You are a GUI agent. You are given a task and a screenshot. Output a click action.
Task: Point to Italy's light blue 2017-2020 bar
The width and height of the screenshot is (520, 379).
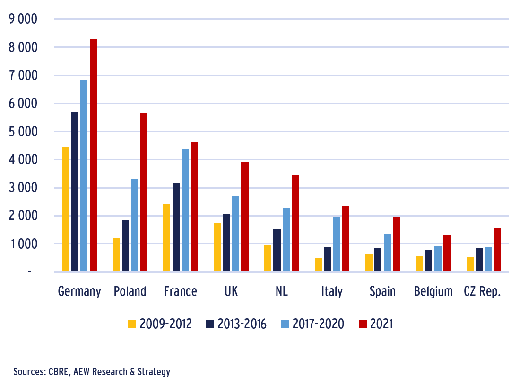coord(337,244)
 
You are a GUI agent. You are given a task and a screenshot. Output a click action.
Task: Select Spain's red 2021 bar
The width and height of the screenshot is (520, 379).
coord(396,244)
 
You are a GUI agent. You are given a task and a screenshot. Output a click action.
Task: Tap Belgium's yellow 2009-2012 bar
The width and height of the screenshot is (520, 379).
coord(419,264)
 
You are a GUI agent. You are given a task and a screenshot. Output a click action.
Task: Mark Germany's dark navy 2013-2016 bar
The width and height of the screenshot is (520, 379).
coord(75,191)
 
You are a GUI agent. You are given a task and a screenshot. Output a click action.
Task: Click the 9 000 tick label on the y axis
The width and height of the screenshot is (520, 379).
coord(23,19)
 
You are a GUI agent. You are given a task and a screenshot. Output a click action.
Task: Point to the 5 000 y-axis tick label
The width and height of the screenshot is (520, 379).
coord(23,132)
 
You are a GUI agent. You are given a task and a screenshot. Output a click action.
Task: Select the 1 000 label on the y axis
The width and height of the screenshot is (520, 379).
coord(23,244)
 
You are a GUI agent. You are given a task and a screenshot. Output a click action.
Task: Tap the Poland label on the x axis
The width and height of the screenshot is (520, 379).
coord(130,291)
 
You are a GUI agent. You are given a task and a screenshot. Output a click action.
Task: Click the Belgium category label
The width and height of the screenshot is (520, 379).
coord(433,291)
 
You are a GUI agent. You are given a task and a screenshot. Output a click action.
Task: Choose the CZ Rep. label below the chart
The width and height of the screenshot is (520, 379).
coord(483,291)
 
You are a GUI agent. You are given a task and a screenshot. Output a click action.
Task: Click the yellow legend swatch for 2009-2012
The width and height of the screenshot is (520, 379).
coord(132,324)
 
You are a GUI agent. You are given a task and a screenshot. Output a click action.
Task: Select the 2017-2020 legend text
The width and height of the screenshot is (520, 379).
coord(318,324)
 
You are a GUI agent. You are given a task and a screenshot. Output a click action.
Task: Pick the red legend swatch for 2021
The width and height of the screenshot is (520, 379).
coord(363,324)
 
